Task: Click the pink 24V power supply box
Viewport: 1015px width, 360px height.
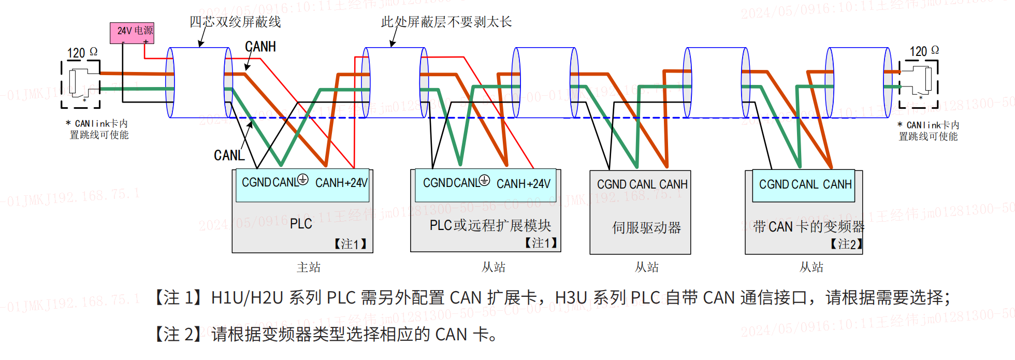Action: pyautogui.click(x=132, y=32)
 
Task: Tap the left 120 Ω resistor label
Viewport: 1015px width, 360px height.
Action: pyautogui.click(x=82, y=52)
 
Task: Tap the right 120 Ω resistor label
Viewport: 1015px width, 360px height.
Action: pyautogui.click(x=924, y=51)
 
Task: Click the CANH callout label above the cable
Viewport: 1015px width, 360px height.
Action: pyautogui.click(x=260, y=47)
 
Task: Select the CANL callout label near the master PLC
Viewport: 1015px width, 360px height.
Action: pyautogui.click(x=229, y=155)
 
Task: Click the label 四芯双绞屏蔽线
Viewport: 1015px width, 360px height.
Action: pyautogui.click(x=235, y=22)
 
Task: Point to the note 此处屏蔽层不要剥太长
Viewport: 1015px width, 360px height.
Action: pyautogui.click(x=446, y=22)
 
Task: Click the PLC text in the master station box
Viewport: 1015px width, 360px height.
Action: pyautogui.click(x=300, y=224)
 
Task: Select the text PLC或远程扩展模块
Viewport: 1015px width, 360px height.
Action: pyautogui.click(x=490, y=225)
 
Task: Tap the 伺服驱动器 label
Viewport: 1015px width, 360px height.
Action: pyautogui.click(x=646, y=227)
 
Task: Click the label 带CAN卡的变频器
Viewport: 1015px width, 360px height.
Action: pyautogui.click(x=808, y=226)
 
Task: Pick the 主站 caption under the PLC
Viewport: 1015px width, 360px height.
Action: pyautogui.click(x=308, y=267)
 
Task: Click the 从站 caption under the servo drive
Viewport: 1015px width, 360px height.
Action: pyautogui.click(x=646, y=267)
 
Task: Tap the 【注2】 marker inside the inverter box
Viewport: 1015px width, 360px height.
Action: pyautogui.click(x=846, y=244)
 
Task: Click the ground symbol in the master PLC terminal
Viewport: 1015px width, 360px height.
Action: pyautogui.click(x=303, y=180)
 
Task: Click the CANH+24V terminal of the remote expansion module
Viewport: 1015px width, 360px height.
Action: pyautogui.click(x=523, y=184)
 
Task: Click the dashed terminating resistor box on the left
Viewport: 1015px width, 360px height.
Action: pyautogui.click(x=81, y=84)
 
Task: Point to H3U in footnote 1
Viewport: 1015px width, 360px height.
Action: pyautogui.click(x=571, y=298)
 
